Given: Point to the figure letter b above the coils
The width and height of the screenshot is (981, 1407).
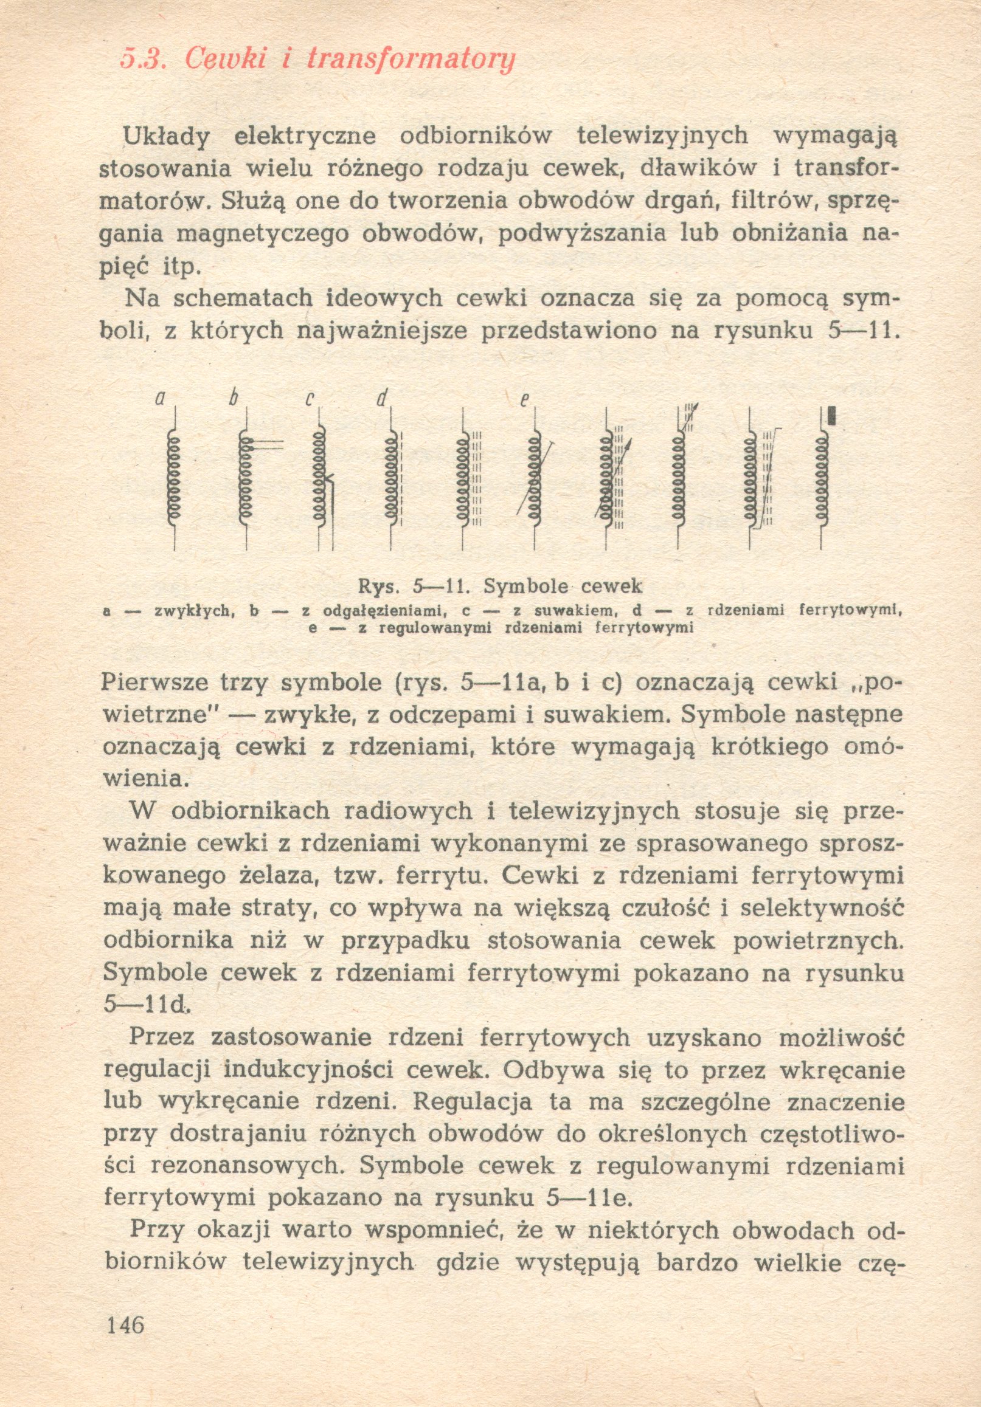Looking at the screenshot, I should [x=232, y=399].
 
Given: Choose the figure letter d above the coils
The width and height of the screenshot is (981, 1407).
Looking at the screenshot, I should [x=382, y=399].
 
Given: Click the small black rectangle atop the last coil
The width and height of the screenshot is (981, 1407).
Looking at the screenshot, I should [x=831, y=416].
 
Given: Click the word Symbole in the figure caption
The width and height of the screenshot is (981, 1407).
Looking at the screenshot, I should [x=526, y=587].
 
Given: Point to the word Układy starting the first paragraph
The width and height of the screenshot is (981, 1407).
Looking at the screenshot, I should [x=167, y=136].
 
